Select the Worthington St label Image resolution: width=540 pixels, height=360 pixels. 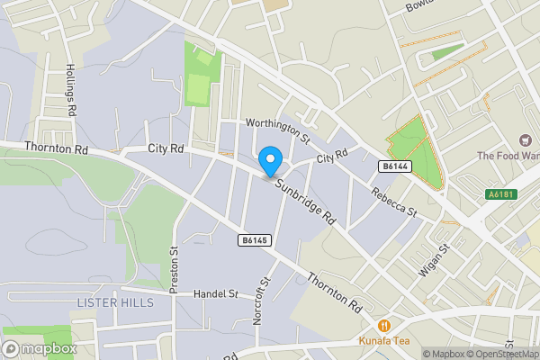click(x=279, y=131)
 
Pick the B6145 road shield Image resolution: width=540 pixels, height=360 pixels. click(x=256, y=240)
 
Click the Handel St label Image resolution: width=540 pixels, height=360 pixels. click(x=216, y=293)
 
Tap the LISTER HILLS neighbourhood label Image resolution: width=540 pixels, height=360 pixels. click(x=115, y=302)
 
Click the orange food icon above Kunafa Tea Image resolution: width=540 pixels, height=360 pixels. click(x=384, y=326)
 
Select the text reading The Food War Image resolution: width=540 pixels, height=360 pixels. click(x=508, y=156)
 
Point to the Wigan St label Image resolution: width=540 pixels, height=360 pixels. click(x=433, y=262)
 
